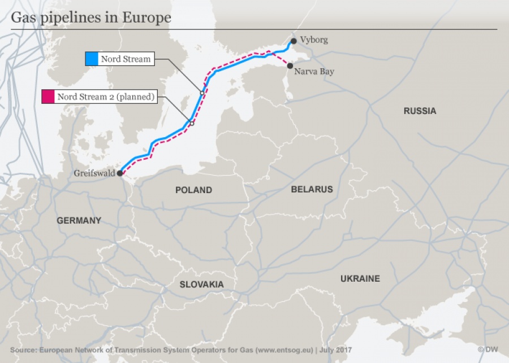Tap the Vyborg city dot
click(x=294, y=41)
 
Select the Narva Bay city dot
click(x=290, y=66)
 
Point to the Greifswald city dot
click(x=120, y=174)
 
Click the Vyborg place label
click(x=314, y=40)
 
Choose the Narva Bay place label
click(x=314, y=72)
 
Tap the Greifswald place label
click(x=94, y=173)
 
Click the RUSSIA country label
click(x=420, y=111)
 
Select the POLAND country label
click(x=193, y=190)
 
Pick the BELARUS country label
click(x=312, y=189)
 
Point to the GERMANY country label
click(x=79, y=221)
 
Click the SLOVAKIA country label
click(x=201, y=285)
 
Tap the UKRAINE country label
click(x=360, y=279)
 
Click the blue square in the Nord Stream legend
click(x=91, y=59)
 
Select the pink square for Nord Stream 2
click(x=48, y=97)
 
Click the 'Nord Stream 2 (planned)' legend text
click(x=106, y=97)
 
